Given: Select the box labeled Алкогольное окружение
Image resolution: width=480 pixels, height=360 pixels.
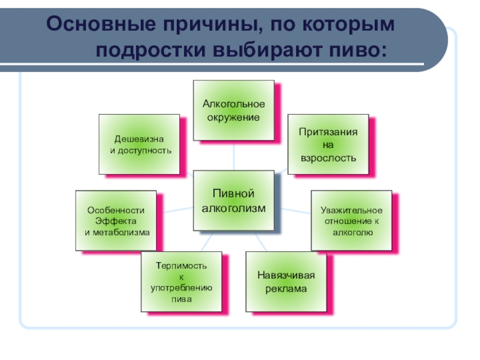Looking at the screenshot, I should pyautogui.click(x=233, y=110).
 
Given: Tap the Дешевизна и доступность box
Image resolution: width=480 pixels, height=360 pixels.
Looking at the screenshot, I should pyautogui.click(x=139, y=144).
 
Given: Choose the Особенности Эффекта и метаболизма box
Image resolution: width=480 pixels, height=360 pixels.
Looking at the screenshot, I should pyautogui.click(x=116, y=221).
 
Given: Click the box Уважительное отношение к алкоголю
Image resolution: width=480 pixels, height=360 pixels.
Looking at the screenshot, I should pyautogui.click(x=351, y=220).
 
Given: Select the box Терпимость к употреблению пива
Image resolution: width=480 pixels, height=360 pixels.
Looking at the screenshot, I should pyautogui.click(x=181, y=282).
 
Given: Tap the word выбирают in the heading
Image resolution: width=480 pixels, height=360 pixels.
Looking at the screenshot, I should pyautogui.click(x=262, y=50).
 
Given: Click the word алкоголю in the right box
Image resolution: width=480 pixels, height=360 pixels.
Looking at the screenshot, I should pyautogui.click(x=351, y=231).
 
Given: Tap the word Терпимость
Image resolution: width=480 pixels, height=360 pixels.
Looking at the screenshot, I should pyautogui.click(x=181, y=265).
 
